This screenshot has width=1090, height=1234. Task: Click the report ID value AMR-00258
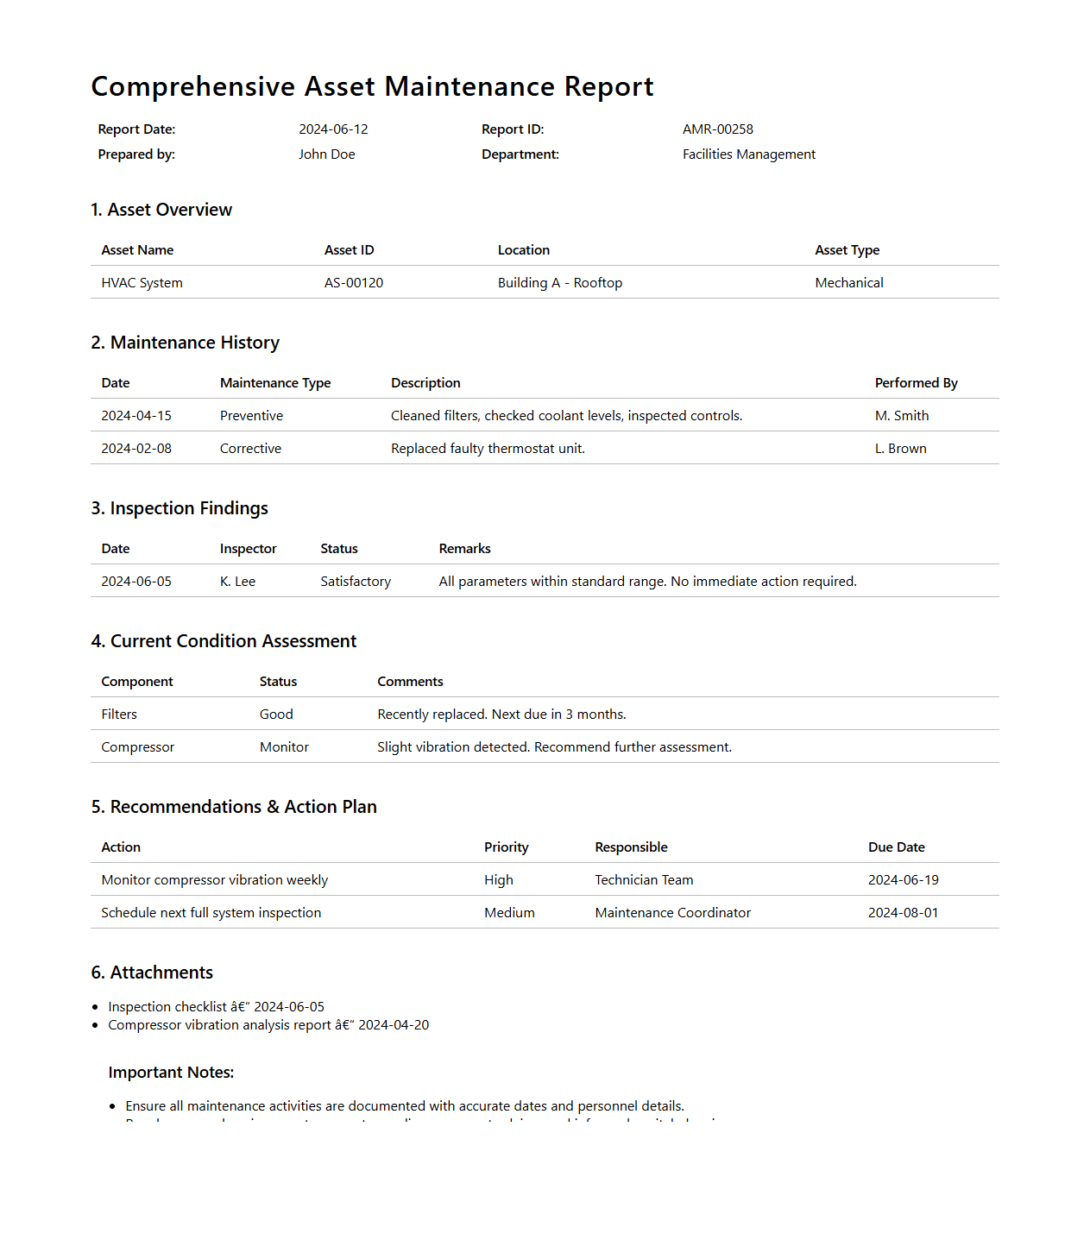coord(717,129)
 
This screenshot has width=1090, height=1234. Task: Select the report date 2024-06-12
coord(333,129)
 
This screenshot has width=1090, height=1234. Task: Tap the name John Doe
coord(326,154)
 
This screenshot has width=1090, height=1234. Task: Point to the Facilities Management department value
coord(748,154)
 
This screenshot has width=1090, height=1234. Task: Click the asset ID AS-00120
coord(353,283)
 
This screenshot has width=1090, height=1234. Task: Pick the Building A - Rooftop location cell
coord(559,283)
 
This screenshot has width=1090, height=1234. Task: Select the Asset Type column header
coord(847,250)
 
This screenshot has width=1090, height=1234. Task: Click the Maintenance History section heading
coord(185,343)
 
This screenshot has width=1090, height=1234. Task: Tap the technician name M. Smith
coord(901,416)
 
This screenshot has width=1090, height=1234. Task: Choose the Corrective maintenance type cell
coord(250,449)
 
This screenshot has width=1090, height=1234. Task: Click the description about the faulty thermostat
coord(488,449)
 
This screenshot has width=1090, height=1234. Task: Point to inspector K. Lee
coord(237,582)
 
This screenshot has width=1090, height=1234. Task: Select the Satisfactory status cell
coord(355,582)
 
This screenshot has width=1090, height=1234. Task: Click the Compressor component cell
coord(137,747)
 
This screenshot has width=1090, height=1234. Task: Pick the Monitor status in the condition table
coord(284,747)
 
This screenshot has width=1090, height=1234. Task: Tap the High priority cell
coord(498,880)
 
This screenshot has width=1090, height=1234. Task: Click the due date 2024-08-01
coord(903,913)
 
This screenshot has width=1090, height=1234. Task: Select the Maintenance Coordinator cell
coord(672,913)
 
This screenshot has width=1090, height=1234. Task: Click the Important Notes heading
coord(171,1073)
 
